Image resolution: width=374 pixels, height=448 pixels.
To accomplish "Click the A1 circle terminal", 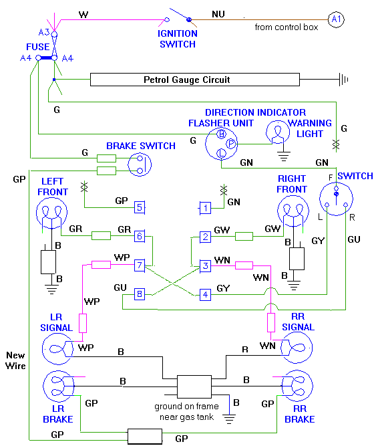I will point(337,20).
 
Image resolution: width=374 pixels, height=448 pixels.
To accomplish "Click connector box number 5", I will point(140,207).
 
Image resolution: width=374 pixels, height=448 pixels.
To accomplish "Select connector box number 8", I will point(140,294).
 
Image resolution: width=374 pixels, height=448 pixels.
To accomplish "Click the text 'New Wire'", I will point(15,361).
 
